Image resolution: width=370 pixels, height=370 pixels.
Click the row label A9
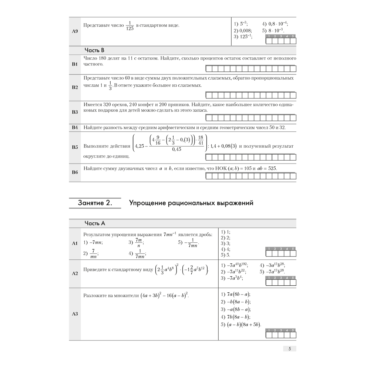point(74,31)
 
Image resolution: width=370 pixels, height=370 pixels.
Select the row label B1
point(74,64)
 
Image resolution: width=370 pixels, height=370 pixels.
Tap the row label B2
point(74,87)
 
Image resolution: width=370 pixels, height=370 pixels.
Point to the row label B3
point(74,112)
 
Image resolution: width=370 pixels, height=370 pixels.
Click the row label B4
point(74,128)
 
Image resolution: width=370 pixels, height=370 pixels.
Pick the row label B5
point(74,147)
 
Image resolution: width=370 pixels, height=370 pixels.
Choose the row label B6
point(74,172)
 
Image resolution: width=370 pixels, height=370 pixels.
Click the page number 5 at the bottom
point(290,349)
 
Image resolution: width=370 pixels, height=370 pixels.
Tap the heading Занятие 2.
point(95,203)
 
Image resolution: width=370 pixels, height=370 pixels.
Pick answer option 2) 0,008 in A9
point(243,31)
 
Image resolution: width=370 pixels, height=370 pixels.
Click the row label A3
point(74,314)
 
